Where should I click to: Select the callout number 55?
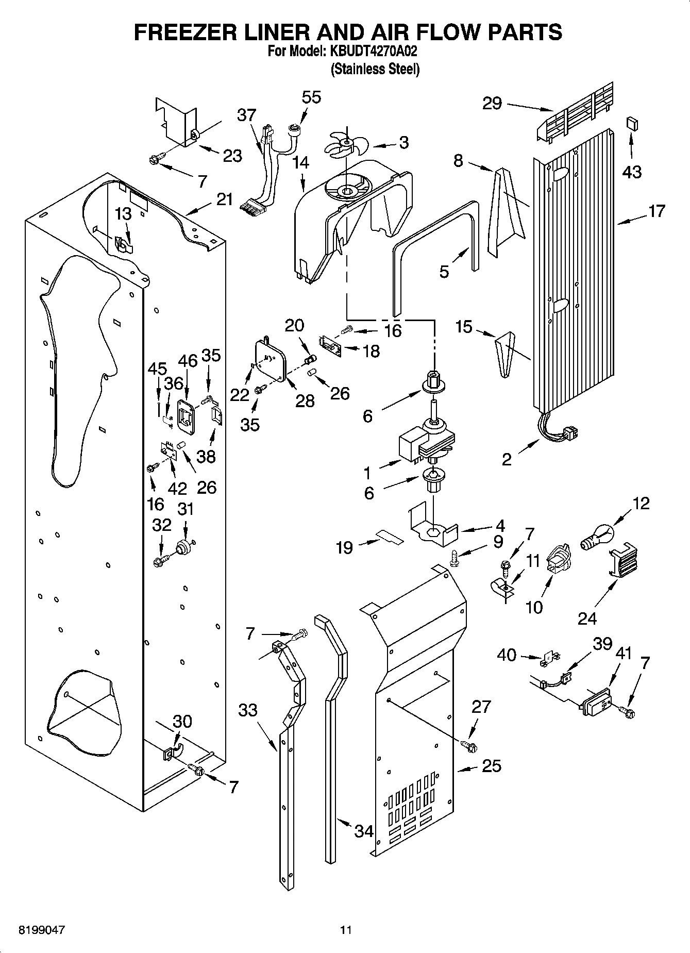[x=311, y=97]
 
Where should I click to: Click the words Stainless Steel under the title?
[x=375, y=69]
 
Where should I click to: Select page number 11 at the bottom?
[x=345, y=930]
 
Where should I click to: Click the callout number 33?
[x=248, y=710]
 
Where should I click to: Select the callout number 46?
[x=188, y=361]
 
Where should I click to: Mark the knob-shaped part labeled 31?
[x=182, y=547]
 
